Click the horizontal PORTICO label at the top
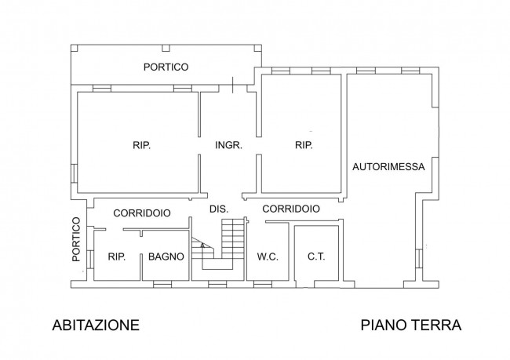(x=166, y=67)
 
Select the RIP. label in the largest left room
(x=141, y=145)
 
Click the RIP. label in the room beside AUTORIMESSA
(x=303, y=145)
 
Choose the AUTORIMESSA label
(x=388, y=166)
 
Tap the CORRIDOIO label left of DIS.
(x=142, y=213)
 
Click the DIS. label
(x=219, y=209)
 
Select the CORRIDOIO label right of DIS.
(x=290, y=209)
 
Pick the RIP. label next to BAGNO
(x=117, y=256)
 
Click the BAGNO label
(x=166, y=256)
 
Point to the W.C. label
(x=268, y=256)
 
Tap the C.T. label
(x=316, y=256)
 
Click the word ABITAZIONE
(x=96, y=325)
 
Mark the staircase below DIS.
(x=232, y=239)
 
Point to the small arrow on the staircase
(x=202, y=246)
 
